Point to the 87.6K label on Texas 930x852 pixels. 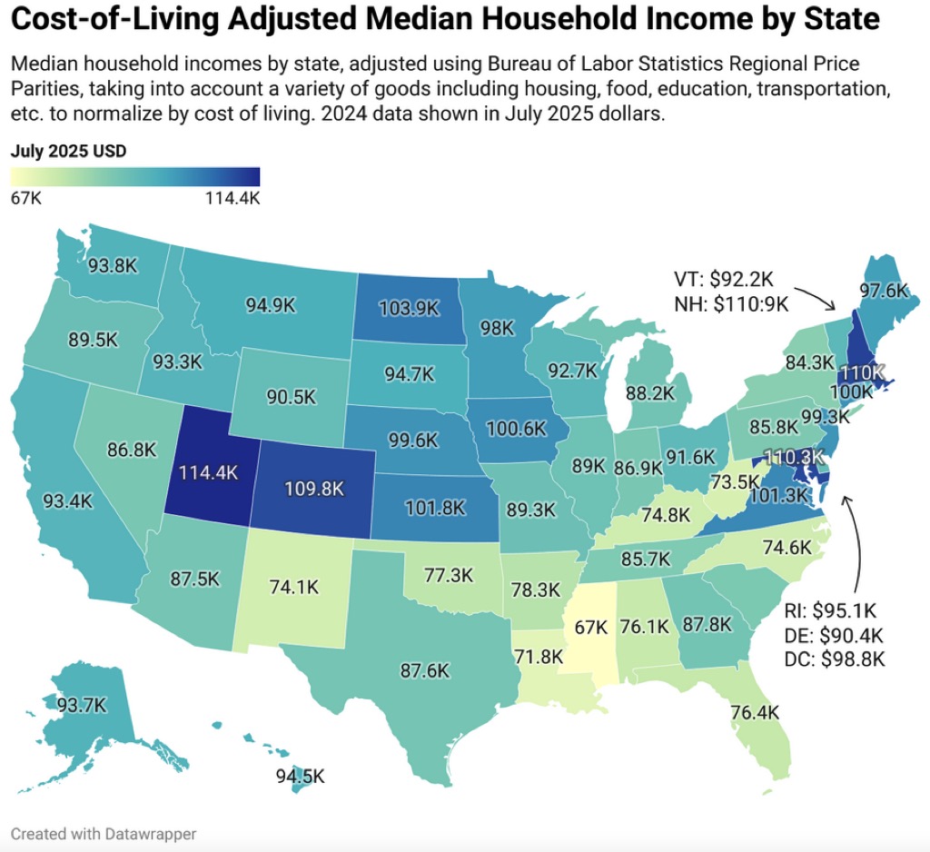point(424,670)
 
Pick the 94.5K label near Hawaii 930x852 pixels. point(301,777)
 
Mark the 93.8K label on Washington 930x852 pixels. point(114,266)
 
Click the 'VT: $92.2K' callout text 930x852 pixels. point(725,279)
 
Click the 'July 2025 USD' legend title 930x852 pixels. point(68,151)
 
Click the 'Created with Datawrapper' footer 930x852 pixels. point(104,833)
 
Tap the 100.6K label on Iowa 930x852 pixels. point(519,426)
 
